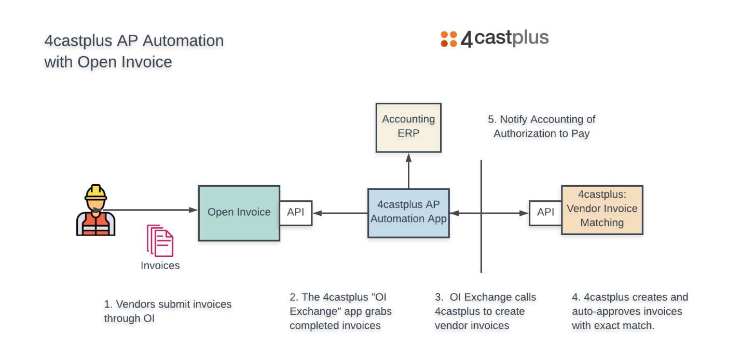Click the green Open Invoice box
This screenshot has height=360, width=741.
point(239,213)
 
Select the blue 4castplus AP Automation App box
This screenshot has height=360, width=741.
point(408,213)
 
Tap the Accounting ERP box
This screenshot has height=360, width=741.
point(408,127)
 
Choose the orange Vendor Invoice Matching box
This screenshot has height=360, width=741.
point(602,210)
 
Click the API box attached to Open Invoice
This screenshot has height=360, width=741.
point(296,213)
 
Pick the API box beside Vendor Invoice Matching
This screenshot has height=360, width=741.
point(545,213)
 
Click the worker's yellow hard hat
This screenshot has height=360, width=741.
point(96,192)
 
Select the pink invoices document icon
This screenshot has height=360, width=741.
point(160,241)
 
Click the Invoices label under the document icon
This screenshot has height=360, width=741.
point(160,266)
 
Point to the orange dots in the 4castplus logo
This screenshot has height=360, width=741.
point(449,39)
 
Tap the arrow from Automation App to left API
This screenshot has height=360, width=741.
point(340,213)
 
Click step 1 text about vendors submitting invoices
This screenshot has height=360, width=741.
point(168,311)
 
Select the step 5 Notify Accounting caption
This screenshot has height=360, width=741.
point(542,126)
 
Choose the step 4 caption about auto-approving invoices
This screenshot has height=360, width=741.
point(630,311)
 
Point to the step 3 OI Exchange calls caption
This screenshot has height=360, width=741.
point(485,311)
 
